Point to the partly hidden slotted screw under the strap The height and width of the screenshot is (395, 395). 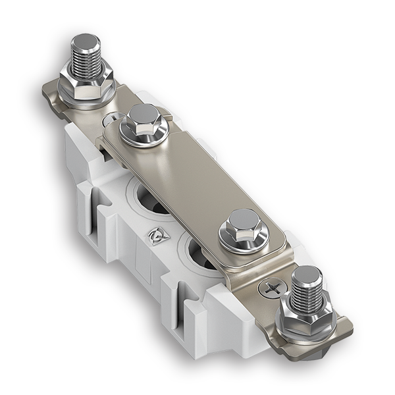coord(109,120)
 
